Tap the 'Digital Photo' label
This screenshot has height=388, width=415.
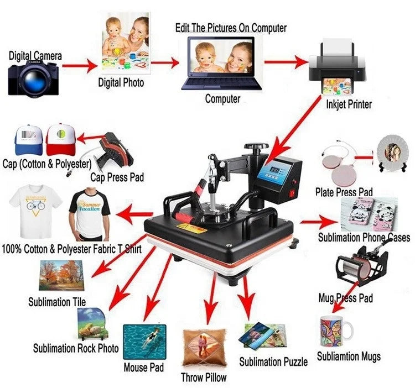click(x=121, y=83)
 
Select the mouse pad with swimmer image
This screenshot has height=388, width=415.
click(x=144, y=341)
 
